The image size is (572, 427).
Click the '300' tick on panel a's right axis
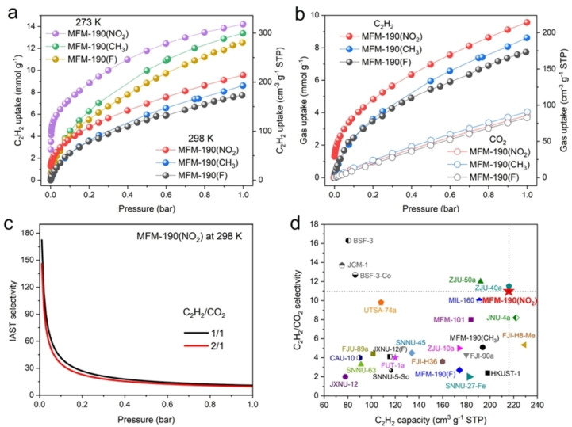pos(262,32)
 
